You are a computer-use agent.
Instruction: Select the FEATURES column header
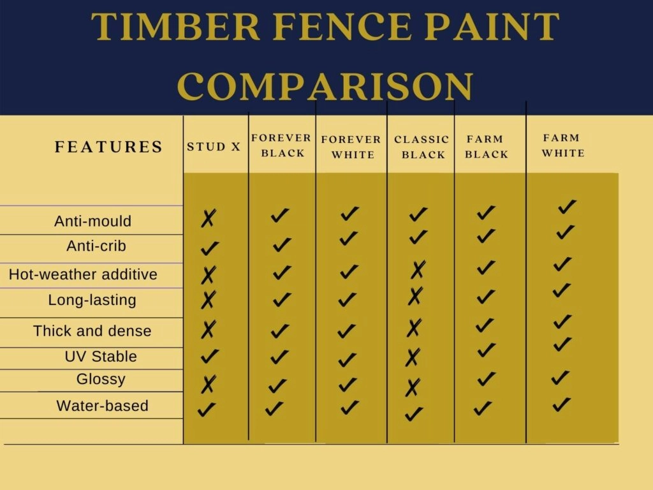109,147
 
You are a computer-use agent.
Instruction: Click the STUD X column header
214,147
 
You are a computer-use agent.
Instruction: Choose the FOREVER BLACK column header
281,145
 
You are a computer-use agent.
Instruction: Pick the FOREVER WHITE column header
351,147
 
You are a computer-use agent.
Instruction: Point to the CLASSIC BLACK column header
422,147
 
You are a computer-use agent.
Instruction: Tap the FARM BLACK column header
486,146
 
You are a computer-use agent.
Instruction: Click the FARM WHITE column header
562,145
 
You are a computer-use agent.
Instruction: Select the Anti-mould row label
93,221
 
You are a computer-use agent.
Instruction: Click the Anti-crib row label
96,246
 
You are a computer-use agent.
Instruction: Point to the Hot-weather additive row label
83,275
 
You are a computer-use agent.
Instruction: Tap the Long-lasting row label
92,300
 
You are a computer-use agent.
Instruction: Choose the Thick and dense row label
92,331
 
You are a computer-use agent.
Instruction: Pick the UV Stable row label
101,357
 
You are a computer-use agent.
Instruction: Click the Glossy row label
101,379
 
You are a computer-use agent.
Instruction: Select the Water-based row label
103,406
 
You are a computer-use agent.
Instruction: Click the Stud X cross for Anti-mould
208,219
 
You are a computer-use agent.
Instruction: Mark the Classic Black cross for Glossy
413,387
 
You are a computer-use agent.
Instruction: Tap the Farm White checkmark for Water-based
561,405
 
